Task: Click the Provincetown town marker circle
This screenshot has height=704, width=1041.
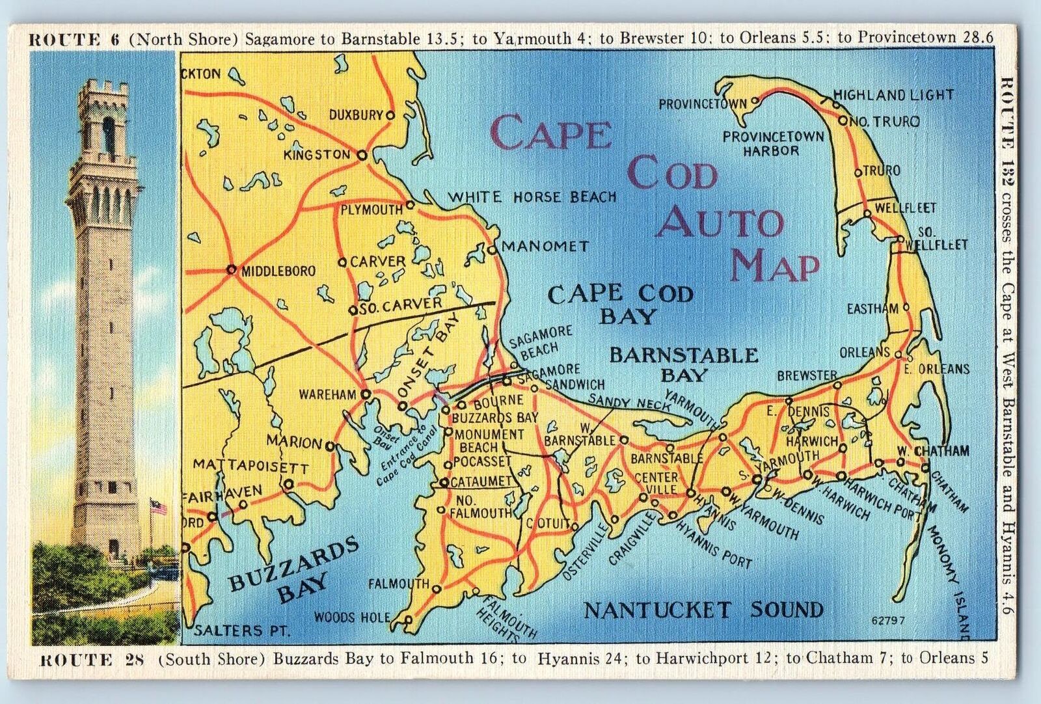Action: pos(755,102)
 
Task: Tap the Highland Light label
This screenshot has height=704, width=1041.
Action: pos(893,95)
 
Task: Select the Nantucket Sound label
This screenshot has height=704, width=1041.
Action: pos(703,610)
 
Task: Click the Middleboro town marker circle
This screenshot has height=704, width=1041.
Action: pos(231,269)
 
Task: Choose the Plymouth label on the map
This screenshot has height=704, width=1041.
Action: pos(372,210)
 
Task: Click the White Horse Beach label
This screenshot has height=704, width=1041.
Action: pos(532,196)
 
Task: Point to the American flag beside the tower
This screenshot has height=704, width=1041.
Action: pos(158,506)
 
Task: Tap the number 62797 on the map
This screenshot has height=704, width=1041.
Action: pos(887,620)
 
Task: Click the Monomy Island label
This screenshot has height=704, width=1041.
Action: pos(952,579)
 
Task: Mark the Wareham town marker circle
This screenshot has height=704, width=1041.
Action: pos(366,394)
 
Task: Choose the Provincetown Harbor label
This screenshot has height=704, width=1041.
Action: pos(772,144)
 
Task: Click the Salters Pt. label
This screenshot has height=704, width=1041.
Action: pos(242,630)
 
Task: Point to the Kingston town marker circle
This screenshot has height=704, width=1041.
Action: pos(362,156)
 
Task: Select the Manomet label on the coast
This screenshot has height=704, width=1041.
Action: pos(544,247)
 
